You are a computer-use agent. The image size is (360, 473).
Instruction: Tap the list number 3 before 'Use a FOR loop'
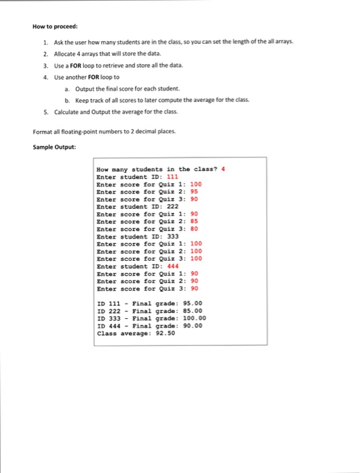coord(45,66)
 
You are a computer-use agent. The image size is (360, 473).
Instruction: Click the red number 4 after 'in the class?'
coord(214,169)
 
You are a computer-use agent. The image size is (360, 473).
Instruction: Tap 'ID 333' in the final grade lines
coord(108,318)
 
